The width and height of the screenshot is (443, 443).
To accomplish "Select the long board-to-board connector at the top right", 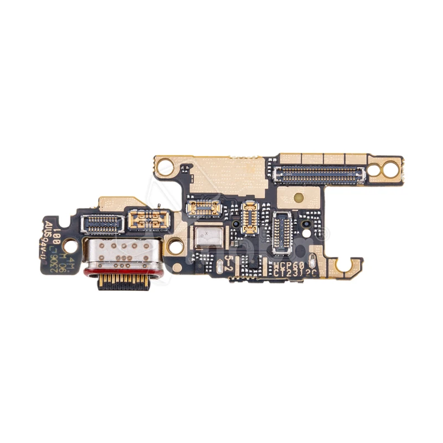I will pyautogui.click(x=321, y=175).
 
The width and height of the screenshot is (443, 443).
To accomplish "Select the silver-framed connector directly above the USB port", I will pyautogui.click(x=101, y=224).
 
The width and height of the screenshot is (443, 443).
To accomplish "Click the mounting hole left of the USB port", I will pyautogui.click(x=70, y=243).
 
